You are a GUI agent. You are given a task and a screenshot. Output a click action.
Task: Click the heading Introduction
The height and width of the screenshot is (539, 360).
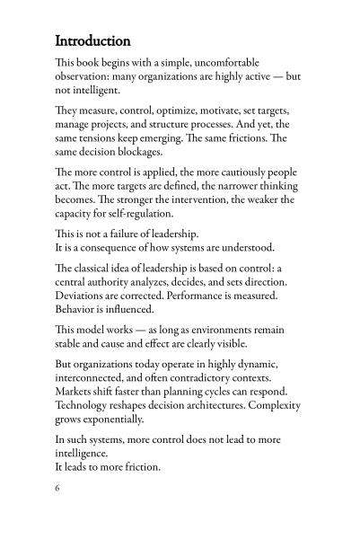click(92, 41)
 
